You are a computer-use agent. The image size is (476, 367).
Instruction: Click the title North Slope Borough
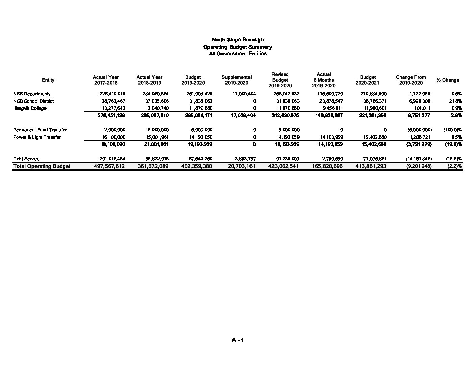[x=238, y=40]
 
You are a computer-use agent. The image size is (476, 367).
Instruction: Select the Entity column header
[x=48, y=80]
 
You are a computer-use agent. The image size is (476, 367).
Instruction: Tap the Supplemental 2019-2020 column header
[x=237, y=80]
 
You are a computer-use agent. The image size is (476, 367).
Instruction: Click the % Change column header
[x=448, y=80]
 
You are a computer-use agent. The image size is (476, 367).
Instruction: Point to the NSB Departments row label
[x=32, y=94]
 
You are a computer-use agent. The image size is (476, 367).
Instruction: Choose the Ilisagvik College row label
[x=30, y=108]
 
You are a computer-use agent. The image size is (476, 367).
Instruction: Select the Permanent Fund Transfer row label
[x=40, y=130]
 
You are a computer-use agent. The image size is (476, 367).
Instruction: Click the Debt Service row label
[x=26, y=159]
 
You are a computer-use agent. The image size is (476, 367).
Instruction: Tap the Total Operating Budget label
[x=42, y=166]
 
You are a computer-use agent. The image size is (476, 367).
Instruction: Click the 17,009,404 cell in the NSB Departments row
[x=244, y=94]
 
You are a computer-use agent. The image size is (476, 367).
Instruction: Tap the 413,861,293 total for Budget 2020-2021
[x=371, y=166]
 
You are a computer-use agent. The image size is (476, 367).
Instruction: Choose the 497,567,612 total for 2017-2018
[x=109, y=166]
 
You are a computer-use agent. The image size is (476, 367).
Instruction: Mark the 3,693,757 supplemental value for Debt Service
[x=245, y=159]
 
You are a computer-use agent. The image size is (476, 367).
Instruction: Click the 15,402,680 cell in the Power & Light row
[x=373, y=137]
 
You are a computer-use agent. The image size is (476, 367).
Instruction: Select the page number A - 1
[x=238, y=340]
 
